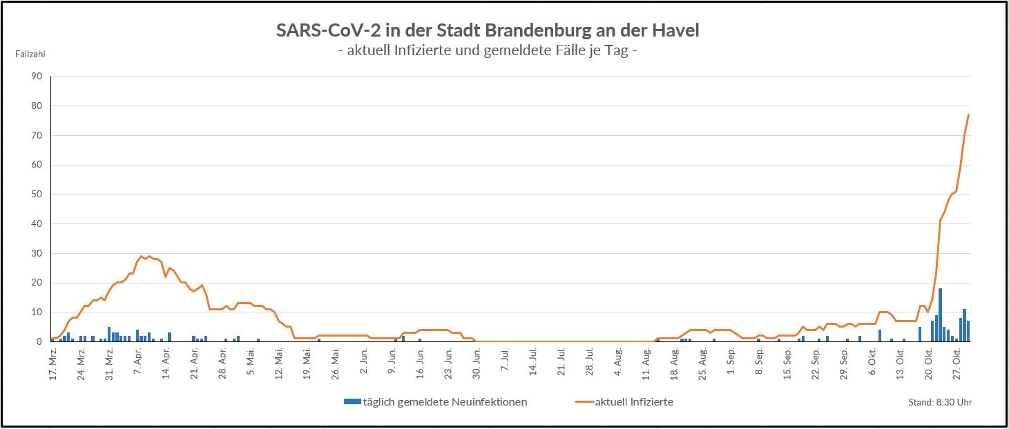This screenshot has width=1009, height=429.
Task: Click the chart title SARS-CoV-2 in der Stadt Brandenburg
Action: [488, 31]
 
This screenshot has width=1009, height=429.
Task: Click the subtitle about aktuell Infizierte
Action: [488, 51]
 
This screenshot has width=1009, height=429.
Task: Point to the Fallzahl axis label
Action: [30, 53]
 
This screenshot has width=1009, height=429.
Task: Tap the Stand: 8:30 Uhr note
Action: [940, 403]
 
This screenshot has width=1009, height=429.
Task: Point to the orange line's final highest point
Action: [968, 114]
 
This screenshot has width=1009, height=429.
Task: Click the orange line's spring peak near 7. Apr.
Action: [141, 256]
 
